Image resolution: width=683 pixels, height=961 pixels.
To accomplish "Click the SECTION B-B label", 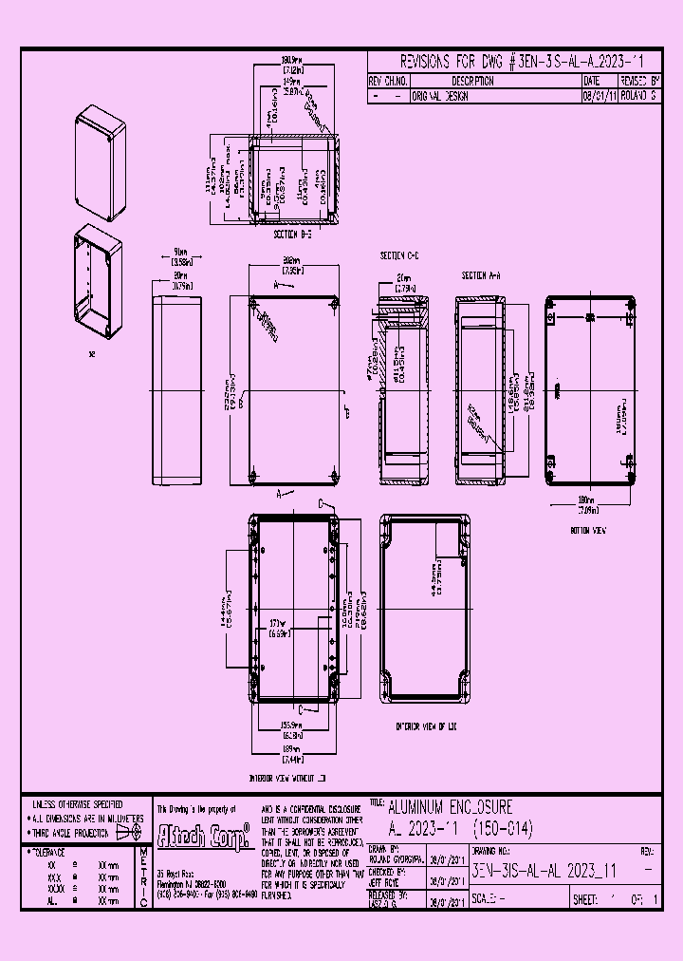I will click(293, 233).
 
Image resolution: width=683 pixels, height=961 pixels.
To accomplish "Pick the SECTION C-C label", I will click(399, 256).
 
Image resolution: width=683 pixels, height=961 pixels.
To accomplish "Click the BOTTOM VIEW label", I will click(588, 531).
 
